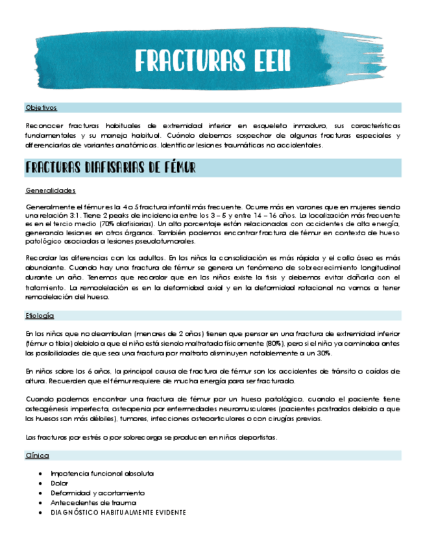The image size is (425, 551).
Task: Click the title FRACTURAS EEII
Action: pos(212,62)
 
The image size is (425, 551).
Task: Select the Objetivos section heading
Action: pos(41,108)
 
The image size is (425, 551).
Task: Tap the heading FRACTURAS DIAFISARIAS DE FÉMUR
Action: pos(110,168)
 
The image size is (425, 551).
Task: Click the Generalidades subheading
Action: pos(51,190)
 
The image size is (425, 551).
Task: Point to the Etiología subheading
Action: pos(40,315)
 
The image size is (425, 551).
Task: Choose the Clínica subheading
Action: pos(37,455)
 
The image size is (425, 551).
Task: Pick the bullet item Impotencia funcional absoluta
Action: pos(102,474)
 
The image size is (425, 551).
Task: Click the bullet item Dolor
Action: pos(59,483)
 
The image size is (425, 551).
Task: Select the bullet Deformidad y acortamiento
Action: pos(97,493)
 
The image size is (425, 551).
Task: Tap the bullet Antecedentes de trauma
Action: pos(93,503)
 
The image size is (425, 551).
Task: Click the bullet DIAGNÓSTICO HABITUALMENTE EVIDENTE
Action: pos(118,513)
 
